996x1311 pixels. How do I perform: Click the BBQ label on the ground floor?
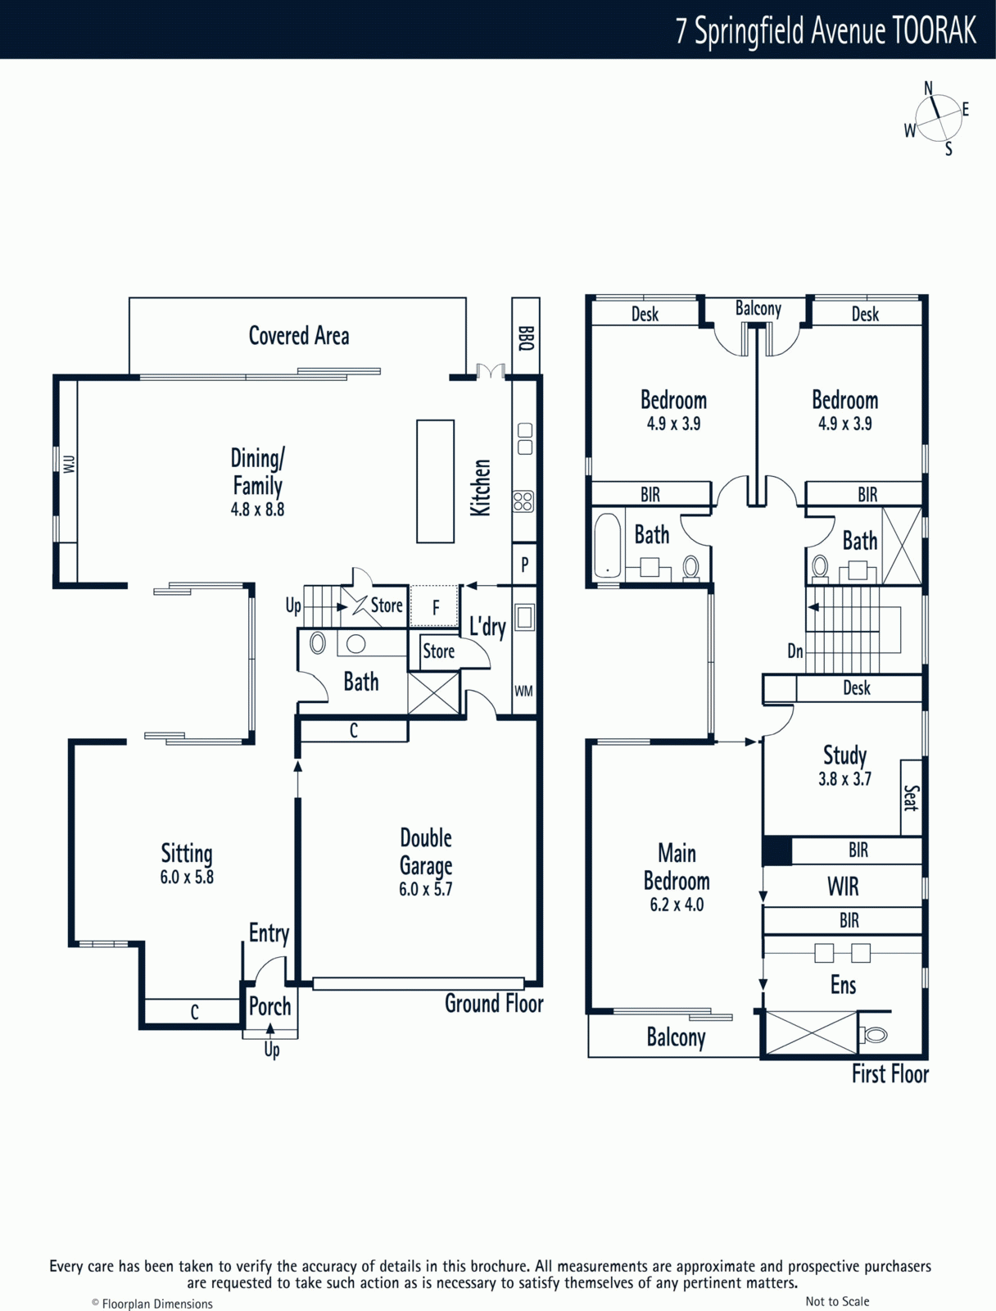pos(526,338)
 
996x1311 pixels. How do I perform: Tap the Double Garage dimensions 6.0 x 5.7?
pos(425,889)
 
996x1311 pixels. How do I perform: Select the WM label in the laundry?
pos(523,691)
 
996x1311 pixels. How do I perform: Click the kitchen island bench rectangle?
pos(435,482)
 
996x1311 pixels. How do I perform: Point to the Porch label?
pos(269,1006)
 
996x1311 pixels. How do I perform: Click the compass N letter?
pos(928,88)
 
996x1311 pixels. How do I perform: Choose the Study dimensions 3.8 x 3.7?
pos(844,779)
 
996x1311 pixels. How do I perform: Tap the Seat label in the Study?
pos(911,797)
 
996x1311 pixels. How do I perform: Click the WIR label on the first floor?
pos(843,887)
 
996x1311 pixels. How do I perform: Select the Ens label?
pos(843,985)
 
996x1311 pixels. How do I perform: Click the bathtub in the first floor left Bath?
pos(608,546)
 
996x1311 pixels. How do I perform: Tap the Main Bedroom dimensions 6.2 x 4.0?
pos(677,905)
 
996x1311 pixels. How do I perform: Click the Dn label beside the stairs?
pos(795,651)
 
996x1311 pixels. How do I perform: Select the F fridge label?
pos(436,608)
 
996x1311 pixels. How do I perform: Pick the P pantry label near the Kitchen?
pos(524,565)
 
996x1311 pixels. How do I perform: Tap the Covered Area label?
pos(299,336)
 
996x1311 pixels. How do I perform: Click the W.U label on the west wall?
pos(70,464)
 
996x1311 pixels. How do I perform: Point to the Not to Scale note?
pos(837,1301)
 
